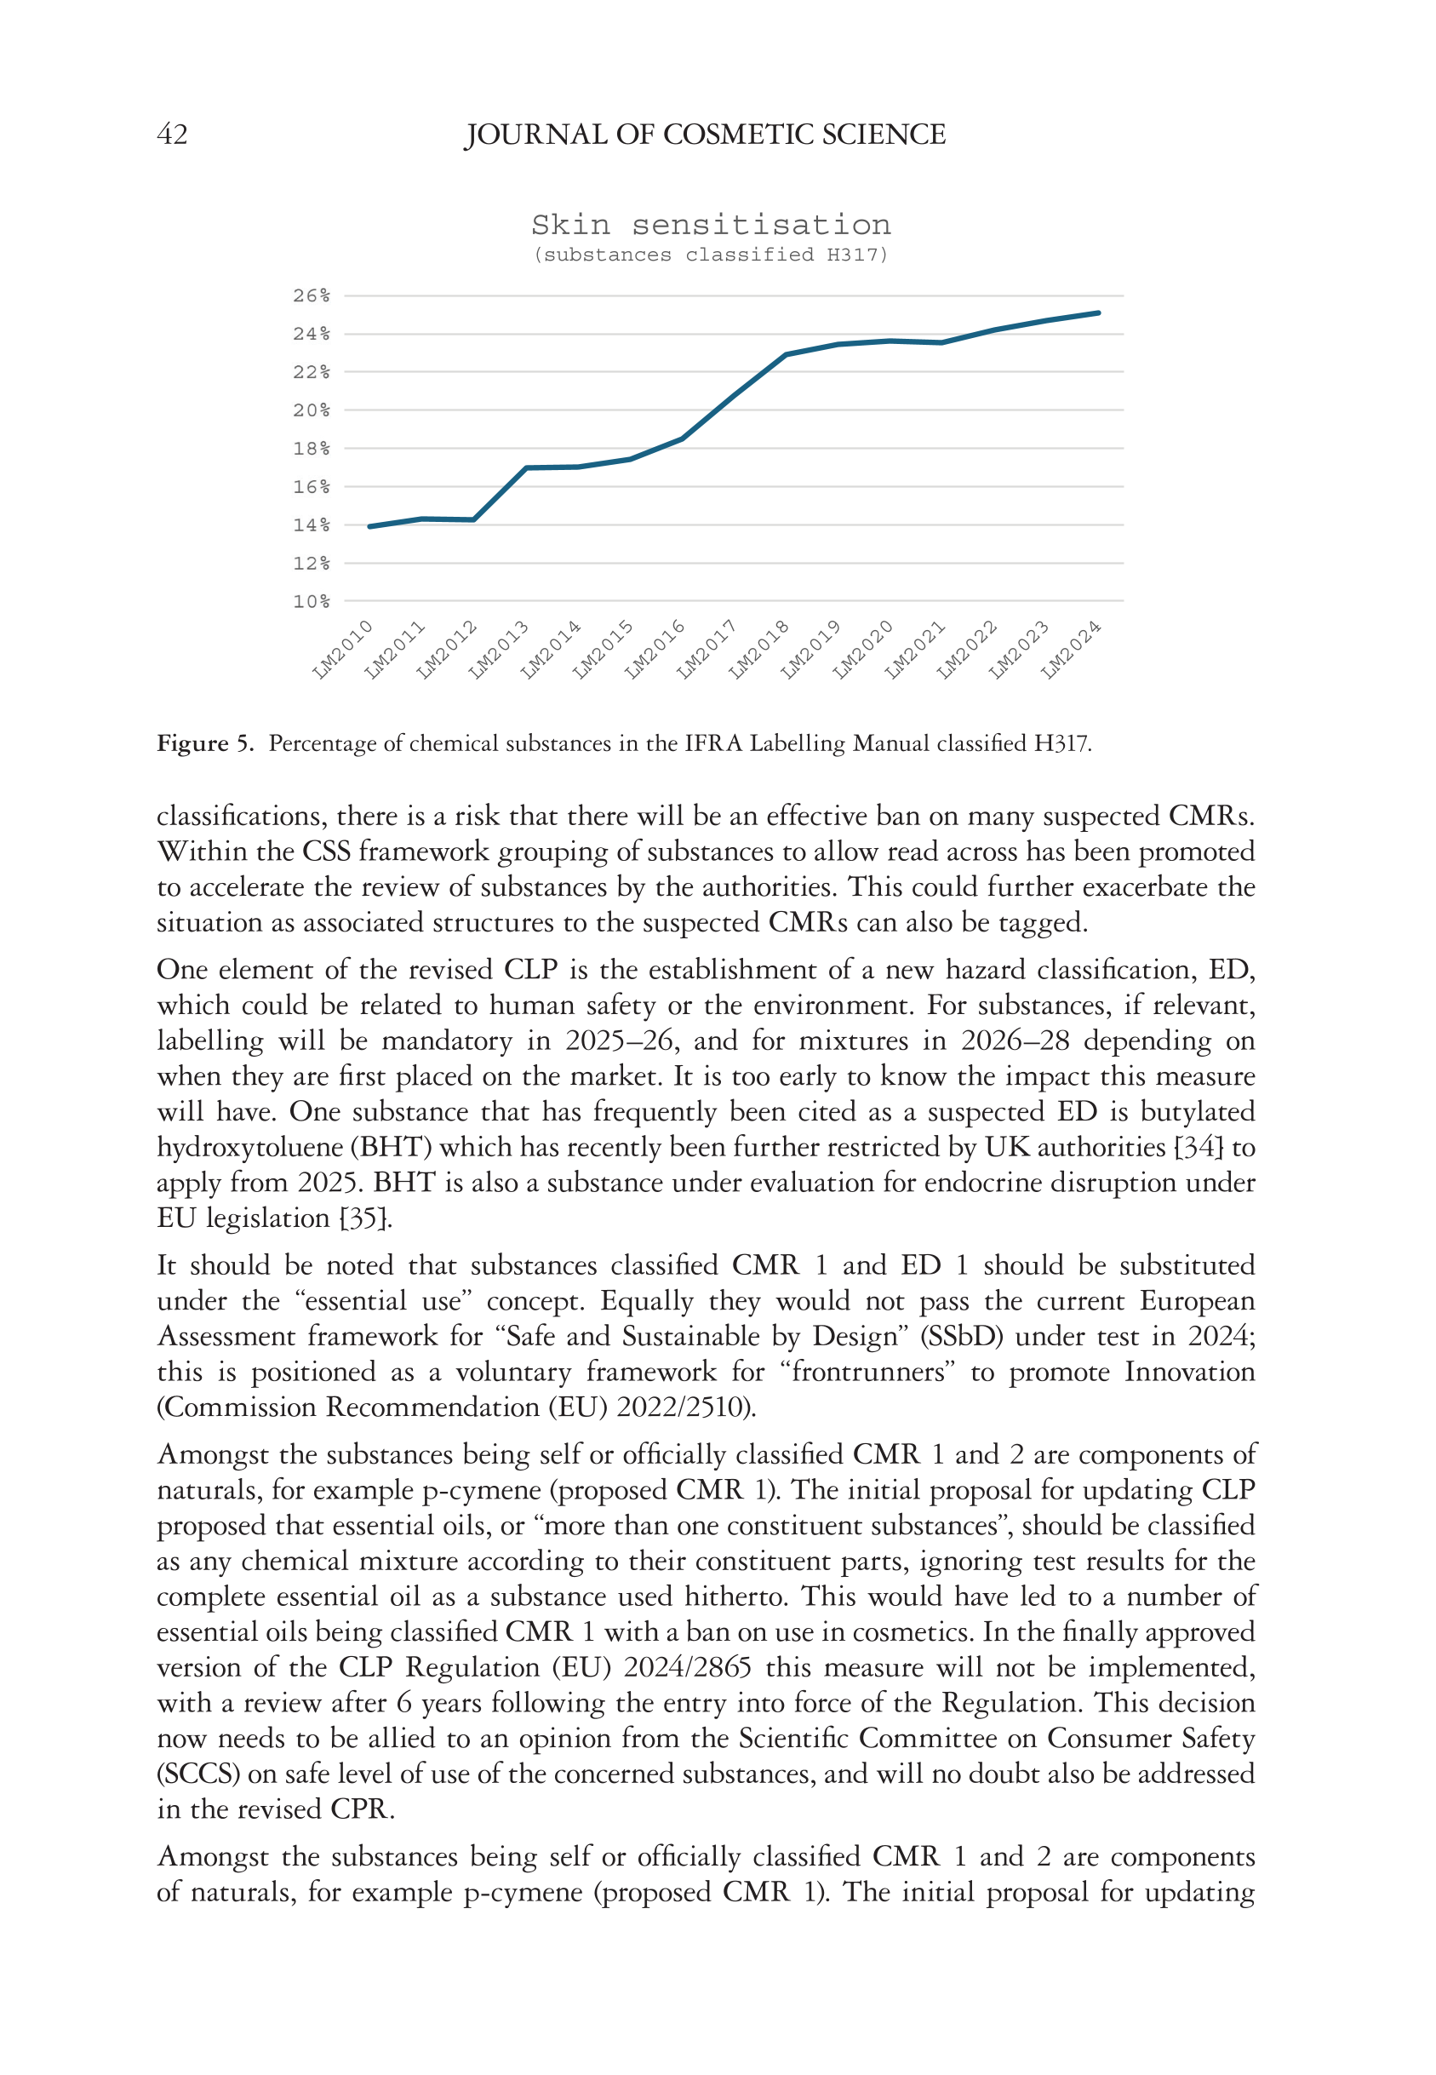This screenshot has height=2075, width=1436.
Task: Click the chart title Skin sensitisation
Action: point(710,224)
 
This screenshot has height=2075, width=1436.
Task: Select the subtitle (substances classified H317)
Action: point(710,255)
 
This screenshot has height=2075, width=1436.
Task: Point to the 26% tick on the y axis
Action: point(312,296)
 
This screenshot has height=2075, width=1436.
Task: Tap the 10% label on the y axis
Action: point(312,601)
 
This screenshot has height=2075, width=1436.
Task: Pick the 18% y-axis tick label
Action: point(312,448)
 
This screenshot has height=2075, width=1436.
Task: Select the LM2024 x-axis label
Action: point(1072,649)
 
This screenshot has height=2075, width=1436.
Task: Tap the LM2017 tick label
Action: point(707,649)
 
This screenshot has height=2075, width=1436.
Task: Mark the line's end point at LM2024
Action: point(1099,313)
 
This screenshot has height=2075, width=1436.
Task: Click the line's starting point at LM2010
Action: point(369,526)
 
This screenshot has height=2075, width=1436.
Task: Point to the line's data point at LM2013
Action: point(526,468)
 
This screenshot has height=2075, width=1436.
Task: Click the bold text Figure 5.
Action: point(205,743)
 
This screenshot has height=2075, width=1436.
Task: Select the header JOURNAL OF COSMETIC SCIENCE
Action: point(705,135)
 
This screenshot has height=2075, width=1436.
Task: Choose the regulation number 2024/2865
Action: point(688,1667)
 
